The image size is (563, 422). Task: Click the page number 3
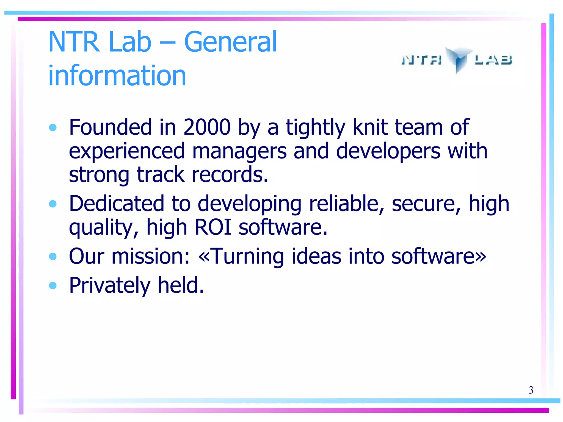531,390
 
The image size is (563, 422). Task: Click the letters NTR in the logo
422,60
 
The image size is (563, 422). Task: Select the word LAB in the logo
493,60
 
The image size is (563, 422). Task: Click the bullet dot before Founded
53,127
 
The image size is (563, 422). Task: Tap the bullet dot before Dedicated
53,204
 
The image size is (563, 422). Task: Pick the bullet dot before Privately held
53,285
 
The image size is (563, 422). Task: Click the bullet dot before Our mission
53,256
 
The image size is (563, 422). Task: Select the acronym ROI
213,227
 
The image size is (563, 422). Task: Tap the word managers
239,151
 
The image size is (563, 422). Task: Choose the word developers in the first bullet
388,151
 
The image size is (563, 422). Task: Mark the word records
230,175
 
